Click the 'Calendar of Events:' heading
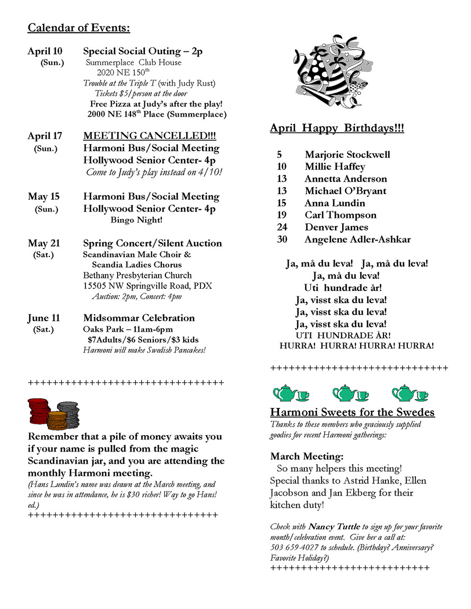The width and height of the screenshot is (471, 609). [x=78, y=28]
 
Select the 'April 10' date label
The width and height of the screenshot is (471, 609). [x=45, y=51]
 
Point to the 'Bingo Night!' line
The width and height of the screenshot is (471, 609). [x=136, y=219]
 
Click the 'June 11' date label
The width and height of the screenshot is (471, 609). [x=43, y=318]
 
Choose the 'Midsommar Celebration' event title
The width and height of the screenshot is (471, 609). [x=139, y=318]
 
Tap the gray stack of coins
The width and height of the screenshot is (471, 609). [x=69, y=413]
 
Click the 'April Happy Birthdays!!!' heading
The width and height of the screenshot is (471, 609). [x=337, y=128]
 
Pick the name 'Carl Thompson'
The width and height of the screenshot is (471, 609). [x=341, y=215]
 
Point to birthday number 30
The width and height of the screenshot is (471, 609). [x=282, y=240]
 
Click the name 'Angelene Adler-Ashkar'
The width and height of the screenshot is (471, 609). [x=357, y=240]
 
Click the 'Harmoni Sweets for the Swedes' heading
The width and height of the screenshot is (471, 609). [x=352, y=412]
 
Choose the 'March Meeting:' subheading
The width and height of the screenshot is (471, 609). [x=307, y=456]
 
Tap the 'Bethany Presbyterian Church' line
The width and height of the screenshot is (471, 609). [x=137, y=275]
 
